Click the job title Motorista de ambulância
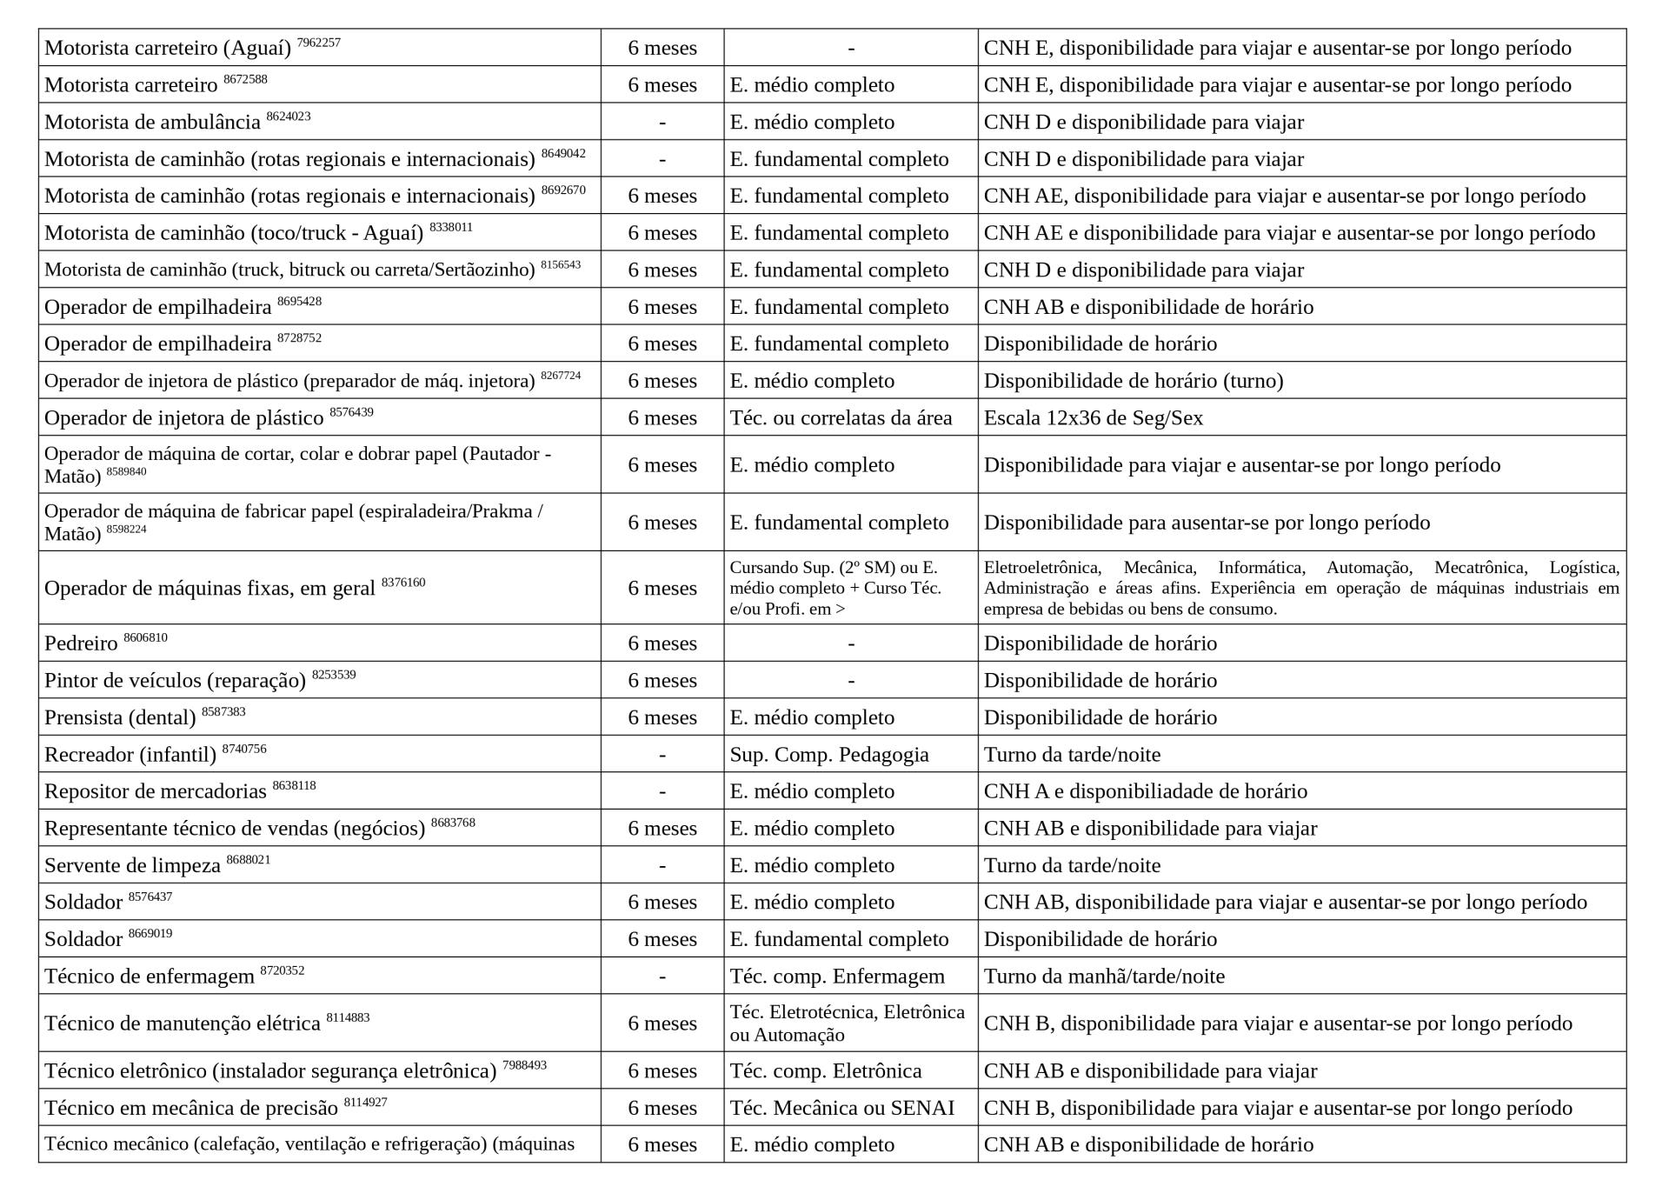[x=152, y=123]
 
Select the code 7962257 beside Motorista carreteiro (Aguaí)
[x=318, y=43]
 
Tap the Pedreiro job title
[x=81, y=644]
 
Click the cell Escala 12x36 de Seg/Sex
[x=1093, y=418]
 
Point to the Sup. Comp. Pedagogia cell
[x=828, y=755]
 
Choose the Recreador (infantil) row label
[x=130, y=755]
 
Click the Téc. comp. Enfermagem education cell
[x=836, y=977]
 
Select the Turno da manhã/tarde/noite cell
[x=1104, y=977]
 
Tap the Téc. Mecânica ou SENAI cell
[x=841, y=1109]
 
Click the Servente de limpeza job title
[x=132, y=866]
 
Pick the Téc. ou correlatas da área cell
[x=841, y=418]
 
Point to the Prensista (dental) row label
[x=120, y=718]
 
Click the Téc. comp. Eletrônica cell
[x=825, y=1071]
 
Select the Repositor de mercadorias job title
[x=155, y=792]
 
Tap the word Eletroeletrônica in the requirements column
[x=1041, y=568]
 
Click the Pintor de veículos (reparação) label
[x=175, y=681]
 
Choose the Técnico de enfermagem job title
[x=150, y=977]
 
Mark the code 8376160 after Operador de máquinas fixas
[x=403, y=583]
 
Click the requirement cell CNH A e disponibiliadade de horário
[x=1145, y=792]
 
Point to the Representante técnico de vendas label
[x=234, y=829]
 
